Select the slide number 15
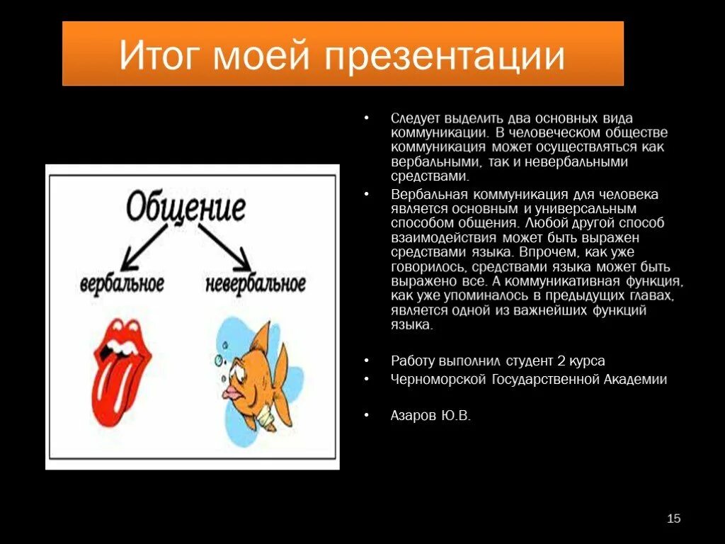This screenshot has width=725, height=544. click(x=673, y=519)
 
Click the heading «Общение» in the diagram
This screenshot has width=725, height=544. click(x=186, y=208)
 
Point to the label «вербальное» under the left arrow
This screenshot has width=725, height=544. click(x=122, y=284)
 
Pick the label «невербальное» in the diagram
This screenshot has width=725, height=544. click(x=256, y=284)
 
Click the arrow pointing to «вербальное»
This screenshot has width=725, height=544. click(x=147, y=246)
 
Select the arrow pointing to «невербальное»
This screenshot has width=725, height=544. click(x=225, y=246)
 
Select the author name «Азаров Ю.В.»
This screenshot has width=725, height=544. click(x=430, y=416)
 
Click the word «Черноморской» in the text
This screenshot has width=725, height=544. click(x=438, y=379)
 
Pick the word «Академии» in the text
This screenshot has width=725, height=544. click(x=635, y=379)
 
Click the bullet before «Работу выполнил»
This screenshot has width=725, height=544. click(x=366, y=361)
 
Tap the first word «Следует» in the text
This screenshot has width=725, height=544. click(x=414, y=118)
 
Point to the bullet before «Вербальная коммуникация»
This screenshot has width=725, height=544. click(x=366, y=194)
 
